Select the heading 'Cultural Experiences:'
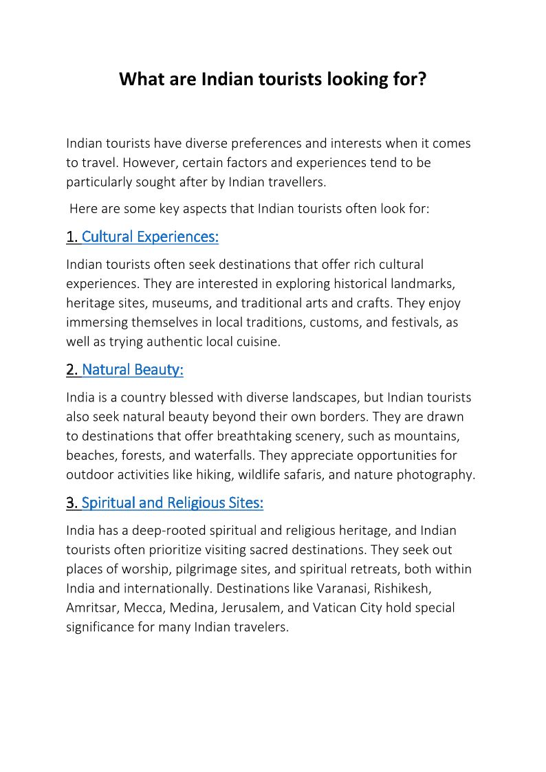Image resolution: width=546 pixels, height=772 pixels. click(150, 237)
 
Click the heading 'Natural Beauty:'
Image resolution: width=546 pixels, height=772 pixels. click(133, 370)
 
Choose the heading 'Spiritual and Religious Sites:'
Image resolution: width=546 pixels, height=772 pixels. click(173, 503)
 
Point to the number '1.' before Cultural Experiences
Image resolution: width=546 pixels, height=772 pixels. click(72, 237)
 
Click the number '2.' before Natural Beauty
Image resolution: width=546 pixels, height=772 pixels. click(72, 370)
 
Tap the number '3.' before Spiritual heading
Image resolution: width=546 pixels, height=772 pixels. click(72, 503)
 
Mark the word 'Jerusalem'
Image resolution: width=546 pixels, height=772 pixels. click(251, 608)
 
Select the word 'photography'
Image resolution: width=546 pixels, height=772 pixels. click(439, 474)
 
